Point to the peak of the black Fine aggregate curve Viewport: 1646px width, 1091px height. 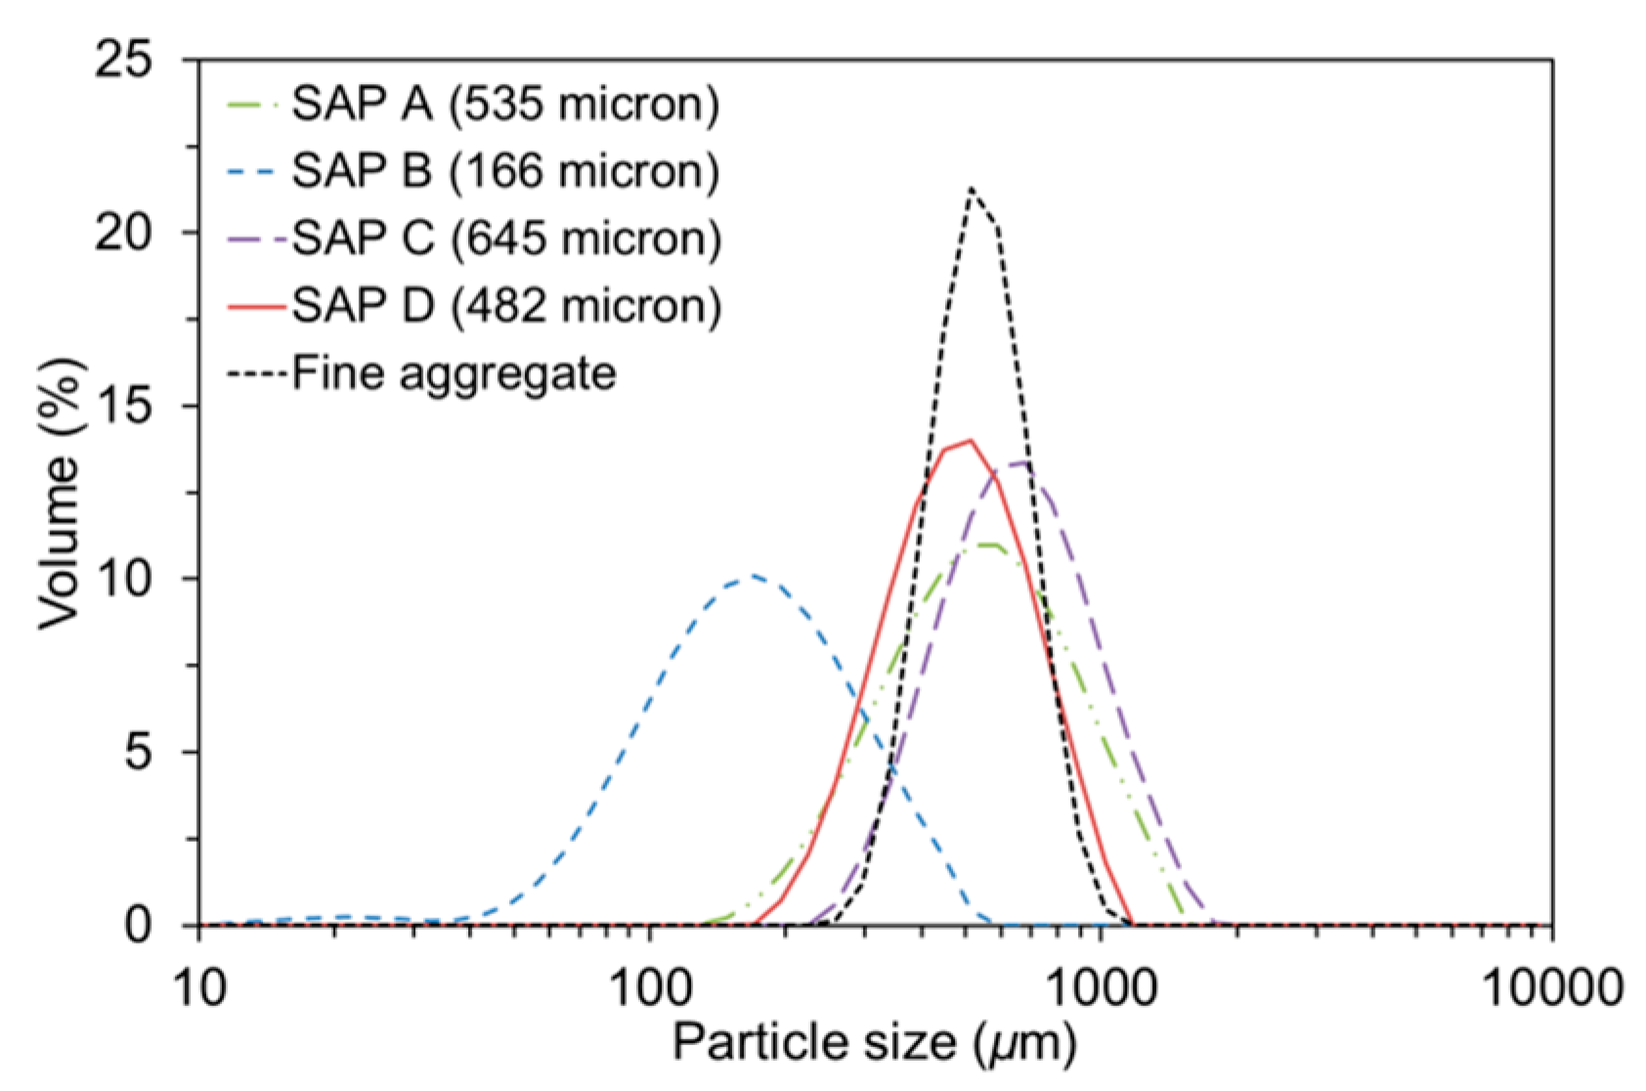(x=971, y=188)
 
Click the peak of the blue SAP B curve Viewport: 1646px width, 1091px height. (x=753, y=576)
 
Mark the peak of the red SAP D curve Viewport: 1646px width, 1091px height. (x=969, y=440)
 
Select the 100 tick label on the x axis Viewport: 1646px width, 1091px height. (x=650, y=987)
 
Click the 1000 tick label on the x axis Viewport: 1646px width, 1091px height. (x=1102, y=987)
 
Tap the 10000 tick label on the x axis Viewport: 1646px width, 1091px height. (x=1551, y=987)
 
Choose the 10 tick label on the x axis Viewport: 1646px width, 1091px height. (x=200, y=987)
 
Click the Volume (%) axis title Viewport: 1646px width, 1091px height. (x=61, y=494)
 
